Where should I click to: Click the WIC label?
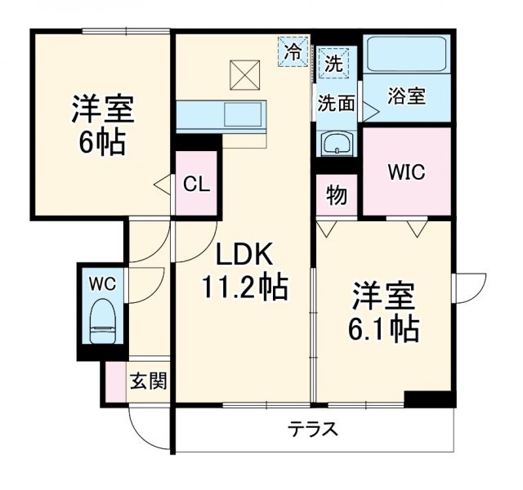tap(406, 173)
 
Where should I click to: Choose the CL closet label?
tap(196, 184)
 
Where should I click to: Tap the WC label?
tap(102, 283)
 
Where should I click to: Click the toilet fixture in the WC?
tap(102, 320)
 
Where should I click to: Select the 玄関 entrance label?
tap(148, 381)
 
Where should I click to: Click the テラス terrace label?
tap(312, 429)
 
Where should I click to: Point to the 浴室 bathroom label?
tap(405, 96)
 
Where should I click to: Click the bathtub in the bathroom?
tap(406, 55)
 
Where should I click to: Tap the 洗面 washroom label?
tap(336, 104)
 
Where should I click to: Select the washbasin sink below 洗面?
tap(336, 144)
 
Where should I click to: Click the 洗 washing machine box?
tap(333, 62)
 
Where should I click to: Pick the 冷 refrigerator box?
tap(293, 51)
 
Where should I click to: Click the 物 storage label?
tap(336, 196)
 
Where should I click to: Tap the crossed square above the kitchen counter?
tap(243, 75)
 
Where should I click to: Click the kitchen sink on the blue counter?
tap(242, 114)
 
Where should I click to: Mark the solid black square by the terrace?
tap(428, 399)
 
